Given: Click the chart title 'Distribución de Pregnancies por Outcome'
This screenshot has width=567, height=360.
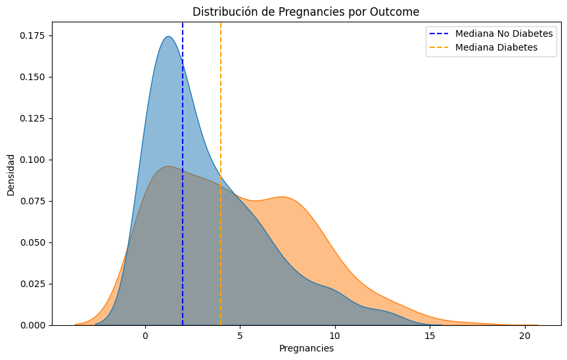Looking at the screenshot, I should [306, 12].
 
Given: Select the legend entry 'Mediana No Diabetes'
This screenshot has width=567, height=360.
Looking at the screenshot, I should [504, 34].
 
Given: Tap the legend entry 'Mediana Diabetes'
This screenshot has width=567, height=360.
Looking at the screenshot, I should [496, 47].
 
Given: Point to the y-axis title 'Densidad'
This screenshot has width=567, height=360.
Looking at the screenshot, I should [11, 174].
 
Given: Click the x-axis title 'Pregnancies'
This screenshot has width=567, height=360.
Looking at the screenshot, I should [306, 349].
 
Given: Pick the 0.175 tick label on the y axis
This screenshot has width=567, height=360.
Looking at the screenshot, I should [32, 35].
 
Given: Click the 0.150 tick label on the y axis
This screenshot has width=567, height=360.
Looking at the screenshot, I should [32, 77].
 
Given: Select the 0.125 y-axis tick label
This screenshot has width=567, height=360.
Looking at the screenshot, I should [32, 118].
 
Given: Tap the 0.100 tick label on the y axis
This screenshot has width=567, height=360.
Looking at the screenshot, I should [32, 160].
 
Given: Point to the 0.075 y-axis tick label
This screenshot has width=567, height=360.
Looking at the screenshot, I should [32, 201].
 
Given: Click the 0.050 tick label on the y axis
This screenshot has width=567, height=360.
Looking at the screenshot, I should [32, 242].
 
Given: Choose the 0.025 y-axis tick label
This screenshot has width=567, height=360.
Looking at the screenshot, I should [32, 284].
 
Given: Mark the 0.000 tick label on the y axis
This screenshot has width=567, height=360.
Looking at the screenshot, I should [32, 325].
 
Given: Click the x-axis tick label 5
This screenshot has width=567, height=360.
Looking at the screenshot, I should [240, 335].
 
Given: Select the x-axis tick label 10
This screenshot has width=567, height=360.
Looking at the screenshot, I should [335, 335].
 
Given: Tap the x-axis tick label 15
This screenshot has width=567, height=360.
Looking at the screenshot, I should [430, 335].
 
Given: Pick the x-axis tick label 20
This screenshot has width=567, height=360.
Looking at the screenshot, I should [524, 335].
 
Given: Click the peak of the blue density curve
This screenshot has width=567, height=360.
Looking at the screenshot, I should [168, 36].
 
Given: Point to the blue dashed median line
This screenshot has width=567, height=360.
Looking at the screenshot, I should [183, 197].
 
